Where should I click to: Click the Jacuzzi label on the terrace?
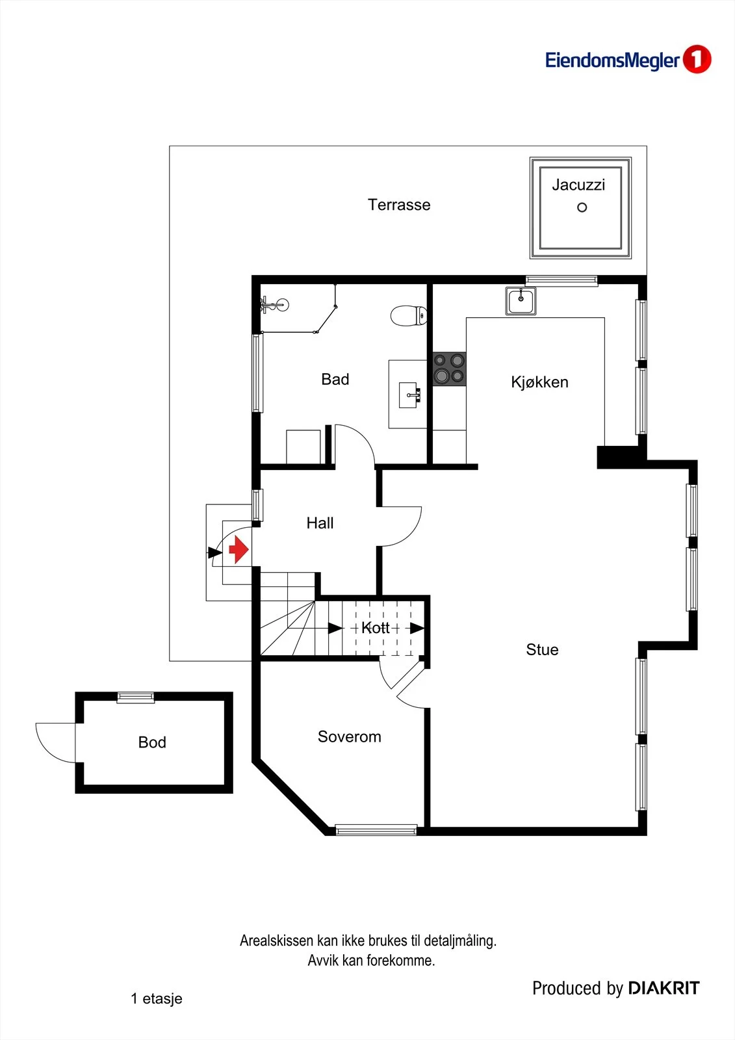coord(578,185)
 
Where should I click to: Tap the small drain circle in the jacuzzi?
coord(582,207)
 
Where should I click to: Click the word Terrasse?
coord(399,205)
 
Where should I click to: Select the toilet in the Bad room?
coord(409,316)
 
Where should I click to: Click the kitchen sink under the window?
coord(521,302)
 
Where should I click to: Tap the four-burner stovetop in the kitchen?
coord(449,369)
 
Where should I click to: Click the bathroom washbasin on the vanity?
coord(411,395)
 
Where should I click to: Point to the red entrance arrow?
coord(239,549)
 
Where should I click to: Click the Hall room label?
coord(320,523)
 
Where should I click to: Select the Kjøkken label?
coord(539,382)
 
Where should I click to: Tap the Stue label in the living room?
coord(542,649)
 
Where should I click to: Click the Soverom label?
coord(349,737)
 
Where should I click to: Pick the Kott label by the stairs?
coord(375,628)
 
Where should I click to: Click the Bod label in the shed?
coord(152,742)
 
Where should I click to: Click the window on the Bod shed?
coord(135,697)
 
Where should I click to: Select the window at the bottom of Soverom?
coord(376,829)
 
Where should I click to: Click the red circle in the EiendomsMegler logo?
coord(697,59)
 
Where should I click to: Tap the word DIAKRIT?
coord(664,989)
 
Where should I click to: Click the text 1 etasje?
coord(157,998)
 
